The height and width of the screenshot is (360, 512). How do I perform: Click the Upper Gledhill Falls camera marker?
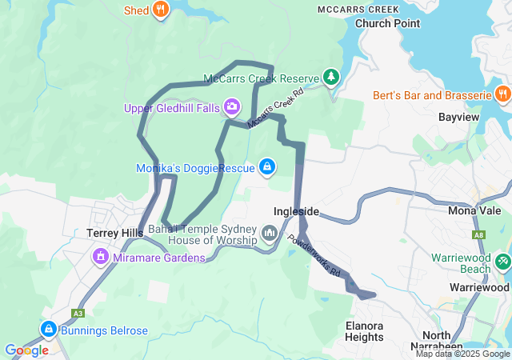coord(232,106)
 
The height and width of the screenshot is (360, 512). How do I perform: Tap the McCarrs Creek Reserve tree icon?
coord(330,77)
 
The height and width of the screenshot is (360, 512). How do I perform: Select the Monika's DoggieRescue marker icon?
coord(267,167)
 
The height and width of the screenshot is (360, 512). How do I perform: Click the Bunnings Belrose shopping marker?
coord(48,329)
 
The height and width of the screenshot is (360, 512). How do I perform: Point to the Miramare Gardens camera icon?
coord(101,256)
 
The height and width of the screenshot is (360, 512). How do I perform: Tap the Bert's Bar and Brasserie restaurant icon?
coord(502,94)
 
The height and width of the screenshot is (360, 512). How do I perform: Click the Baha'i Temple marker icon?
coord(269,233)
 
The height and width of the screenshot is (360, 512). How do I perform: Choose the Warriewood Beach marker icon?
coord(502,262)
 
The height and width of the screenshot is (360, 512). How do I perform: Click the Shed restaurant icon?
coord(161,10)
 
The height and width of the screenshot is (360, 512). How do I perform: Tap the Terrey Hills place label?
coord(114,233)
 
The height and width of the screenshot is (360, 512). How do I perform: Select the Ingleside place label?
coord(296,211)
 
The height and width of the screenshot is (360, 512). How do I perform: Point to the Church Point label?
coord(387,23)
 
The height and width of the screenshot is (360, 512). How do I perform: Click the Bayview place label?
coord(458,117)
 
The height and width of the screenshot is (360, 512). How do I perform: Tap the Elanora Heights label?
coord(364,331)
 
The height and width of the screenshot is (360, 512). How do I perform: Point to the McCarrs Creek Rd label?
coord(276,109)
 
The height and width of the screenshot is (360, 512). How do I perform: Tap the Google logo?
coord(26,350)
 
